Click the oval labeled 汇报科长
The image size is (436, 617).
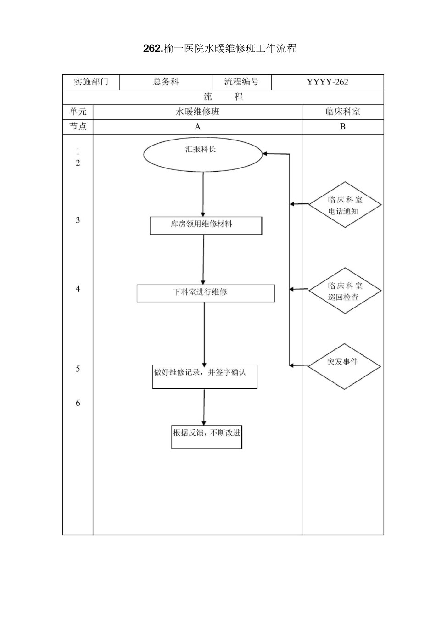(x=203, y=154)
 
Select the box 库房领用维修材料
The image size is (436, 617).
(x=206, y=225)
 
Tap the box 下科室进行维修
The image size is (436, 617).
(x=206, y=293)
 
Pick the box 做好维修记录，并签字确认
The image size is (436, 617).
(x=205, y=376)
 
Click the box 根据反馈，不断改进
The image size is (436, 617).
(x=207, y=436)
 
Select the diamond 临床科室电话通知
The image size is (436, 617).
(x=345, y=205)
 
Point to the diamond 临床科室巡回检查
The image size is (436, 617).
(x=345, y=291)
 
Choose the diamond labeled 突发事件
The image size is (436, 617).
(x=344, y=366)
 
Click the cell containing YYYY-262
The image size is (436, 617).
(x=327, y=82)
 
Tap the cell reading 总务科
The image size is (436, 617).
(x=166, y=82)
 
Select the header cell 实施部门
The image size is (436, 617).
(x=91, y=82)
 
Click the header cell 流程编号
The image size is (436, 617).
(x=241, y=82)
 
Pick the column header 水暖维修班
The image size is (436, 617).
(x=197, y=112)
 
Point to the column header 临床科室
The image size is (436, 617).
(x=342, y=112)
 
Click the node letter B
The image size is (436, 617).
(x=342, y=127)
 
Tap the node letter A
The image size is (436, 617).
(x=197, y=127)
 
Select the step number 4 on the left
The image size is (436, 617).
(x=78, y=288)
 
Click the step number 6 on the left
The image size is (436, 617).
(x=78, y=403)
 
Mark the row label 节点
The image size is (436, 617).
(x=78, y=127)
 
